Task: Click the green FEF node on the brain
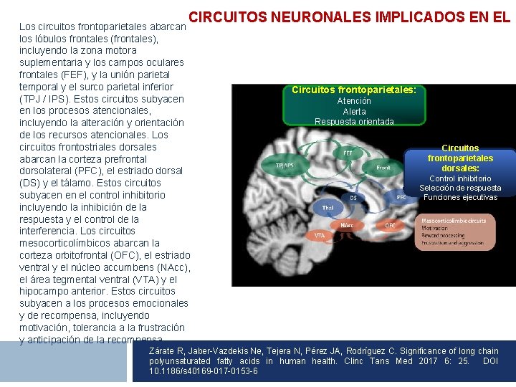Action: coord(348,153)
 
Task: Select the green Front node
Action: coord(384,168)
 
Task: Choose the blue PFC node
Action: coord(401,196)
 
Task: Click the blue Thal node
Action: coord(328,208)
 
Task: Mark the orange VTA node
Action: coord(320,235)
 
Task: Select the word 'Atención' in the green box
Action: coord(354,101)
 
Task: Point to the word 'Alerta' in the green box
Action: coord(354,111)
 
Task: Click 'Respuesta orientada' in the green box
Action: coord(354,121)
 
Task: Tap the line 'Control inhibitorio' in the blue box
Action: coord(460,178)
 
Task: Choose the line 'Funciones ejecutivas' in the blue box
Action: coord(460,197)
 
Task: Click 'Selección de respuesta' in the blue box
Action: coord(460,188)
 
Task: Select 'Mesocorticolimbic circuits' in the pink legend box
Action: coord(454,221)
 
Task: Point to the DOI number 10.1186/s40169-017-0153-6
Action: coord(204,371)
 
